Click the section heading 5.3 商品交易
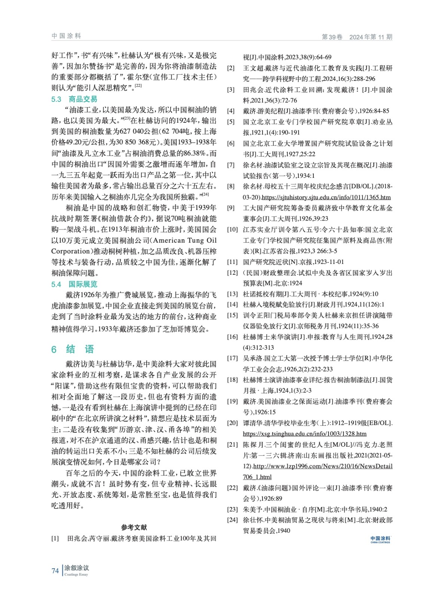coord(74,99)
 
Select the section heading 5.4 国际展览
coord(74,284)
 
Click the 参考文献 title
coord(134,527)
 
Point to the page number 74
coord(55,571)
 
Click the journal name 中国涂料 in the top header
coord(66,36)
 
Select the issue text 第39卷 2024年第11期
coord(357,37)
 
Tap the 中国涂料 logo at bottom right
coord(380,539)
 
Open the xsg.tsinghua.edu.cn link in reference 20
coord(304,434)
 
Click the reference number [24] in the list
coord(232,520)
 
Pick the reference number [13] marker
coord(232,294)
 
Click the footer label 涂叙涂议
coord(77,568)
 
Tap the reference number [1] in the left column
coord(55,538)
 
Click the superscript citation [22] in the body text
coord(138,86)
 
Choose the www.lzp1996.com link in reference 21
coord(322,466)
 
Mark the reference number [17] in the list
coord(232,358)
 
